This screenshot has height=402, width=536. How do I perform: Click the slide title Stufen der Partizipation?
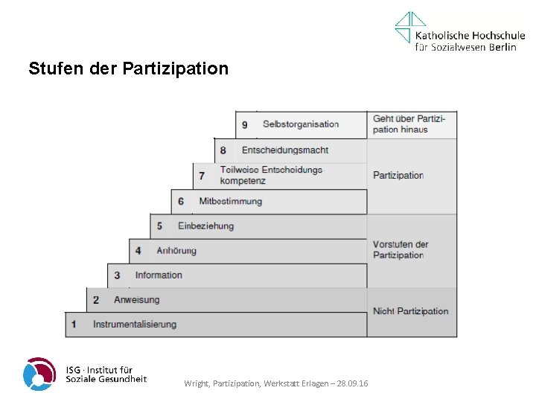click(x=129, y=69)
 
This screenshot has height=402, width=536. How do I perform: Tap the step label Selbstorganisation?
click(x=301, y=124)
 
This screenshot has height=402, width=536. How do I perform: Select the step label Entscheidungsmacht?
click(x=285, y=150)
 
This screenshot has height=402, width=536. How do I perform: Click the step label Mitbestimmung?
click(x=231, y=202)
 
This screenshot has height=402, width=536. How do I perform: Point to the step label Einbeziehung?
click(x=205, y=226)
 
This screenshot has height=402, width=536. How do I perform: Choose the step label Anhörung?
click(x=176, y=251)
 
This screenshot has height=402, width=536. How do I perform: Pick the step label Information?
click(x=159, y=275)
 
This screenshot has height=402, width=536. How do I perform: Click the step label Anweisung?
click(x=136, y=300)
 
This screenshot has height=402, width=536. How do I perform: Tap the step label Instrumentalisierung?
click(x=135, y=325)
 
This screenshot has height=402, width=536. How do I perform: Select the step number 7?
click(x=202, y=176)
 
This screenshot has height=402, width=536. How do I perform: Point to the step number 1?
click(x=74, y=325)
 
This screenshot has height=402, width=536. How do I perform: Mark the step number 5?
click(x=159, y=226)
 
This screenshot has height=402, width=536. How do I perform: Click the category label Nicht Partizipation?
click(x=411, y=311)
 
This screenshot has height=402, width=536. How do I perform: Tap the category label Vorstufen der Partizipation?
click(x=401, y=250)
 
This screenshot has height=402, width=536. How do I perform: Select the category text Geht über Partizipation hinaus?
click(x=409, y=124)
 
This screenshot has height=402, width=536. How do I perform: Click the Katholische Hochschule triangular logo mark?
click(x=410, y=27)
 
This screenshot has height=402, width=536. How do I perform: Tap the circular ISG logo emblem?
click(x=39, y=374)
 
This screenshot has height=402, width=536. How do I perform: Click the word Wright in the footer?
click(x=197, y=383)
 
